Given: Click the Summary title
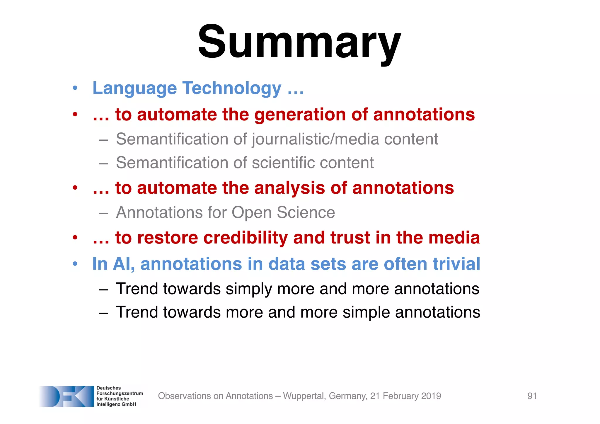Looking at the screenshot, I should tap(299, 42).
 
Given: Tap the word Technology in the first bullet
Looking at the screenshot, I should tap(232, 88).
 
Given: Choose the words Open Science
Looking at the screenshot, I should tap(283, 212).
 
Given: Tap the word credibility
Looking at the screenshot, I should tap(246, 238).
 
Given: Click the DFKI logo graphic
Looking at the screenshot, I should tap(66, 396).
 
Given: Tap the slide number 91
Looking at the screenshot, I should tap(532, 396).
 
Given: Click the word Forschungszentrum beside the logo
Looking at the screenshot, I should tap(120, 394).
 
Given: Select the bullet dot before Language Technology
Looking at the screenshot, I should tap(75, 88).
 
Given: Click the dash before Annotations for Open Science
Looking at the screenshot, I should tap(103, 213).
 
